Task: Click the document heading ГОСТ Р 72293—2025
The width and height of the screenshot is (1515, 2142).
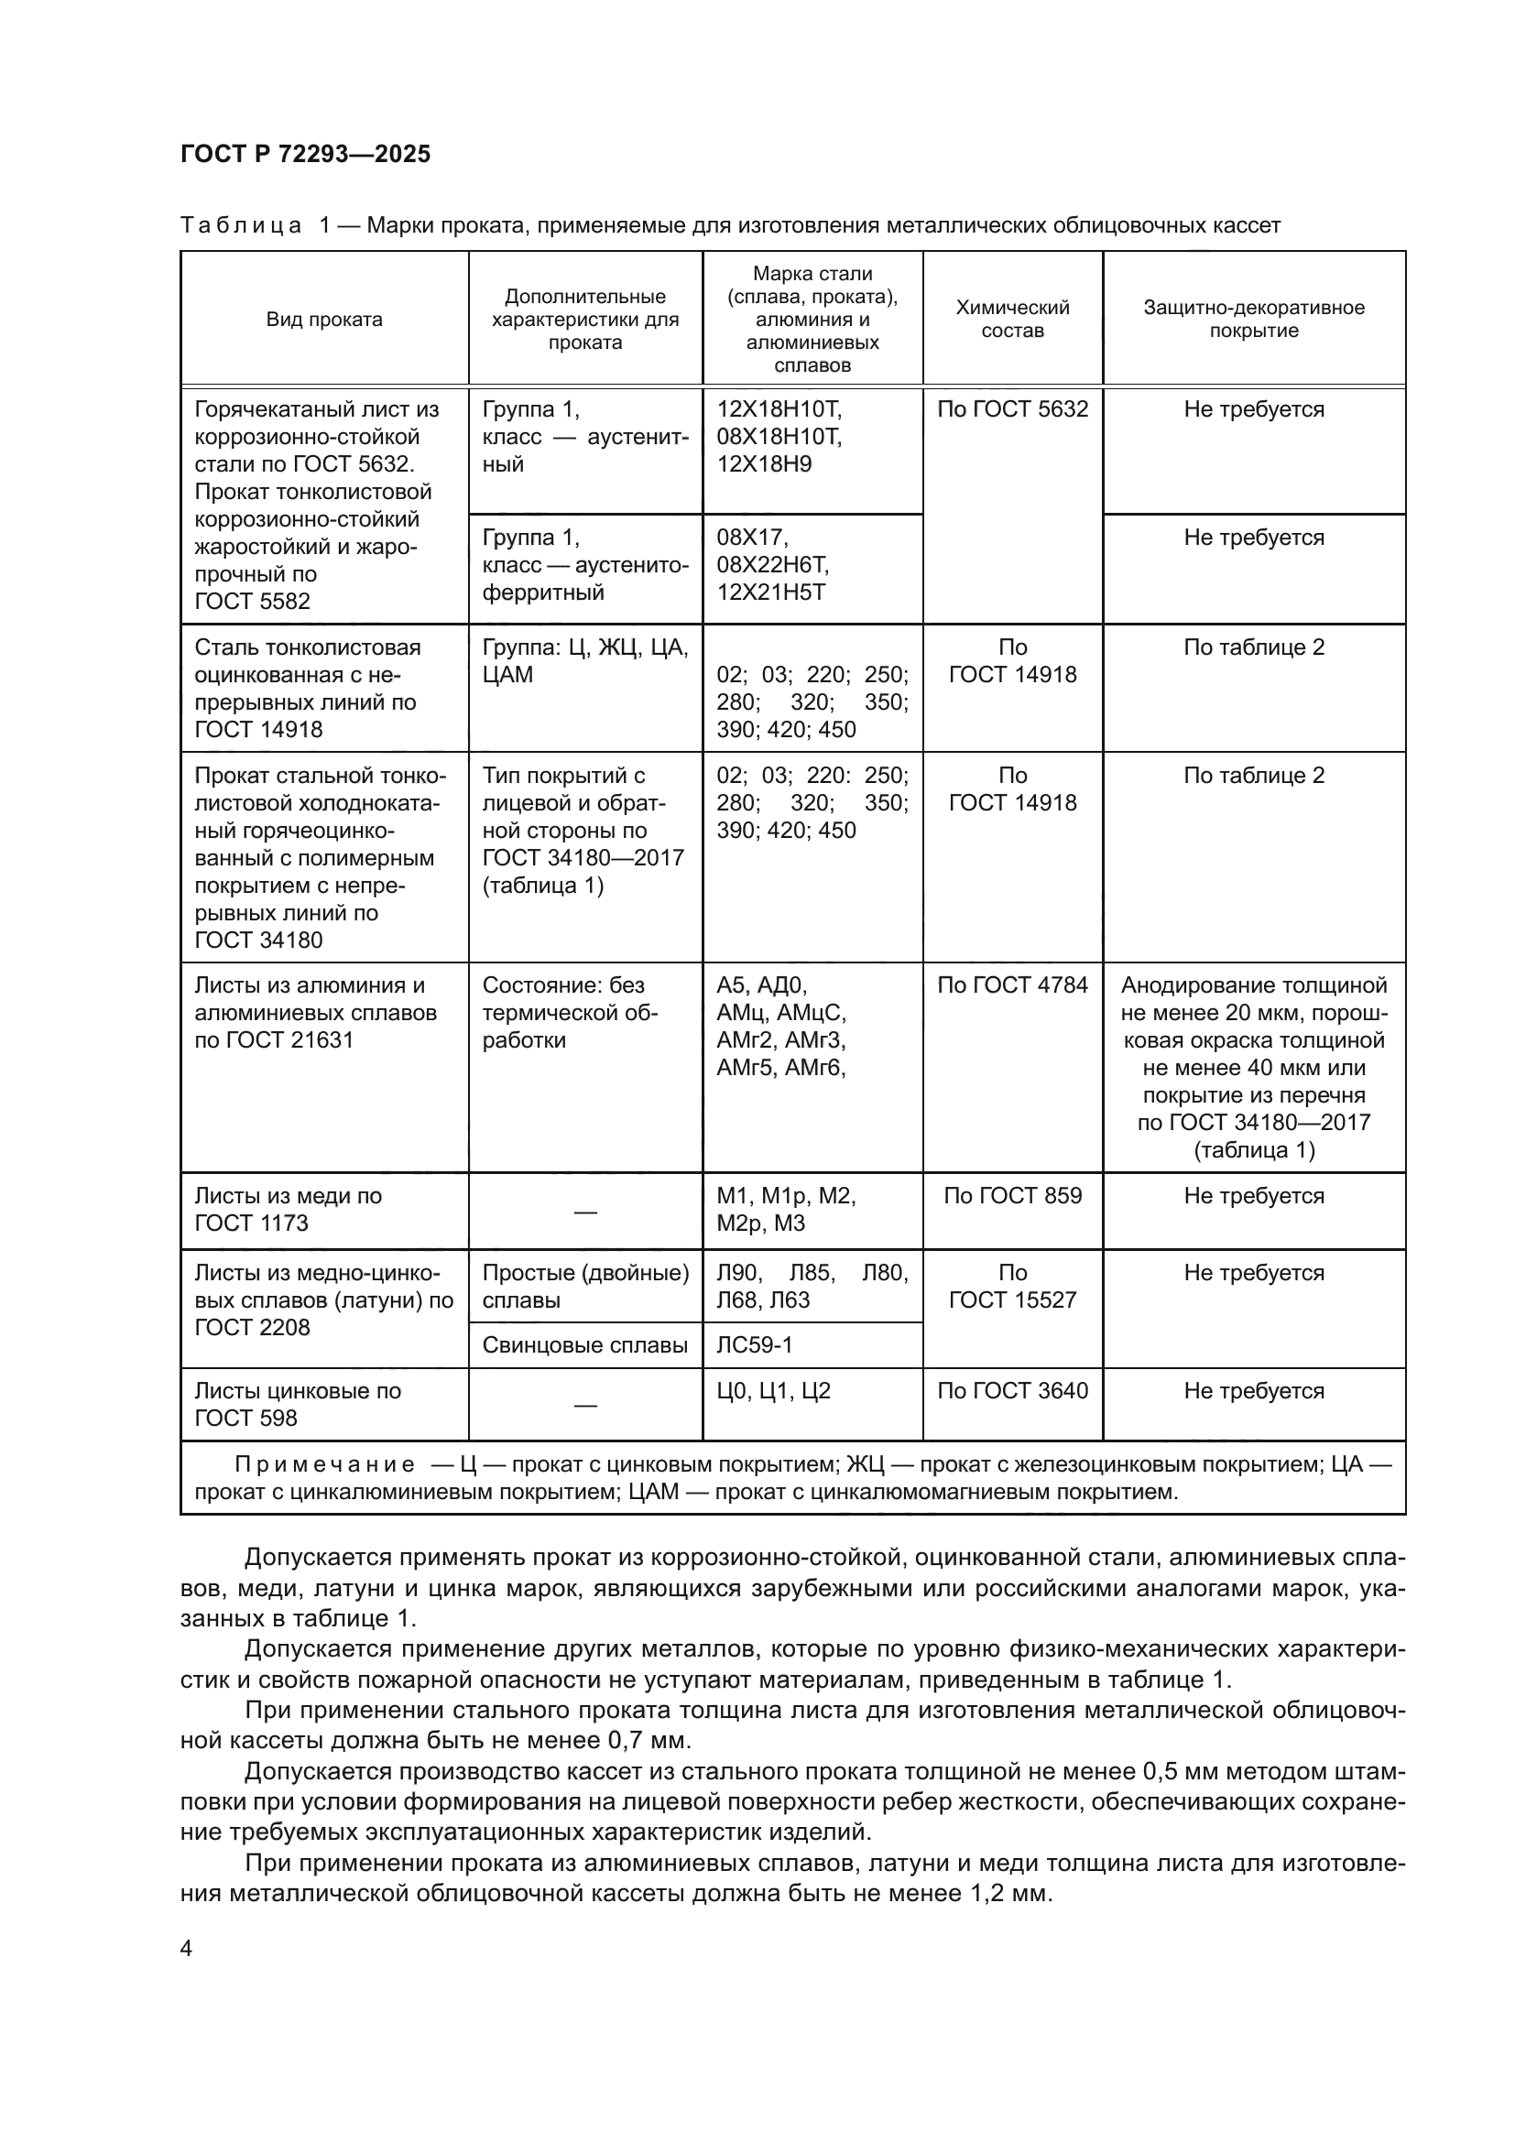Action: pyautogui.click(x=305, y=154)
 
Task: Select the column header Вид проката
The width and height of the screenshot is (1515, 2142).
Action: pyautogui.click(x=323, y=319)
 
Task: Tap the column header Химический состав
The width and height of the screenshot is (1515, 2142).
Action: pyautogui.click(x=1012, y=319)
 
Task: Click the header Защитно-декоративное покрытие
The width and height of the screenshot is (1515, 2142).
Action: pyautogui.click(x=1253, y=319)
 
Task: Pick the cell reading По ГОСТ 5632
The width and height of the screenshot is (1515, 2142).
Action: pyautogui.click(x=1012, y=409)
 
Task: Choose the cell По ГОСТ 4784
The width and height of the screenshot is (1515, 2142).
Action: pyautogui.click(x=1012, y=985)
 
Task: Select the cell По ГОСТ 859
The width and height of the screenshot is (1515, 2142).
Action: pyautogui.click(x=1012, y=1196)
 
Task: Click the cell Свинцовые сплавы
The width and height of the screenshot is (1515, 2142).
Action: pyautogui.click(x=585, y=1344)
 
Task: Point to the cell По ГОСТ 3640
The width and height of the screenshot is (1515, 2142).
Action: pyautogui.click(x=1012, y=1391)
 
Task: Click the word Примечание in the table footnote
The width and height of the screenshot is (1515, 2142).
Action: pyautogui.click(x=323, y=1464)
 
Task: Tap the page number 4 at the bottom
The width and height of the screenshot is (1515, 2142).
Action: pyautogui.click(x=187, y=1948)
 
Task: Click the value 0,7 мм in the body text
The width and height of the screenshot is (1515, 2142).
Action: pyautogui.click(x=649, y=1740)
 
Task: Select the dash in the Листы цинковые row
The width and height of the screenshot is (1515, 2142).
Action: pyautogui.click(x=585, y=1405)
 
